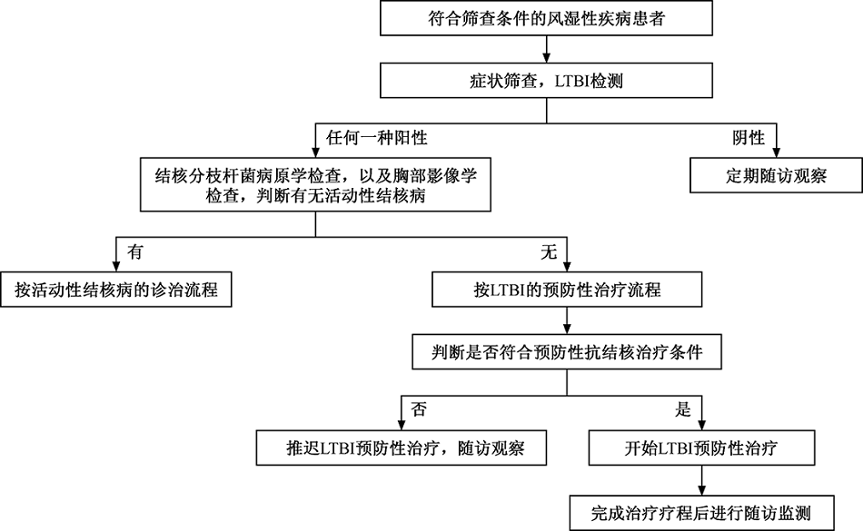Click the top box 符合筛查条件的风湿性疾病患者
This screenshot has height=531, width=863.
[x=546, y=18]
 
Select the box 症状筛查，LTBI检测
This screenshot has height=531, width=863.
[x=546, y=80]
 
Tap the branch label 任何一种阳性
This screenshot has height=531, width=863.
[x=376, y=137]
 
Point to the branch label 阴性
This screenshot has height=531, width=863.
[x=749, y=137]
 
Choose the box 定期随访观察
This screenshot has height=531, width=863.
[x=776, y=175]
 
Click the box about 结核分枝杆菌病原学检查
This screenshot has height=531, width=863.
[x=315, y=185]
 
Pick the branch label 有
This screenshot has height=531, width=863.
[x=134, y=251]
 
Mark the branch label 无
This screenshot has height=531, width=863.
[x=549, y=251]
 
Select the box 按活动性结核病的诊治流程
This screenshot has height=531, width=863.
[x=116, y=290]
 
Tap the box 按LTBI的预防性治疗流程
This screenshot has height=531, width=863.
[x=567, y=290]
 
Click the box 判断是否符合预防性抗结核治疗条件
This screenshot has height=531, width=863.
[x=567, y=352]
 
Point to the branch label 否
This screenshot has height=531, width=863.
[x=418, y=409]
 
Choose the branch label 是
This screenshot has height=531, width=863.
[x=682, y=409]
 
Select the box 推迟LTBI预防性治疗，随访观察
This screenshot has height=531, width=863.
[x=402, y=448]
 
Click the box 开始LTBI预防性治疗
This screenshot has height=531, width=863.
[x=701, y=448]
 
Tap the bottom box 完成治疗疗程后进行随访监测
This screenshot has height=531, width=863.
[x=701, y=514]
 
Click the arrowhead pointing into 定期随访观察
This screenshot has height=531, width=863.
[x=776, y=153]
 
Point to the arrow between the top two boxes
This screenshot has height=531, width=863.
[x=547, y=50]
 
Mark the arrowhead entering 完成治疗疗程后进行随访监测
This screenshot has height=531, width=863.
[x=701, y=491]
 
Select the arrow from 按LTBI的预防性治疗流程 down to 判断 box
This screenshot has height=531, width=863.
[x=567, y=320]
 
